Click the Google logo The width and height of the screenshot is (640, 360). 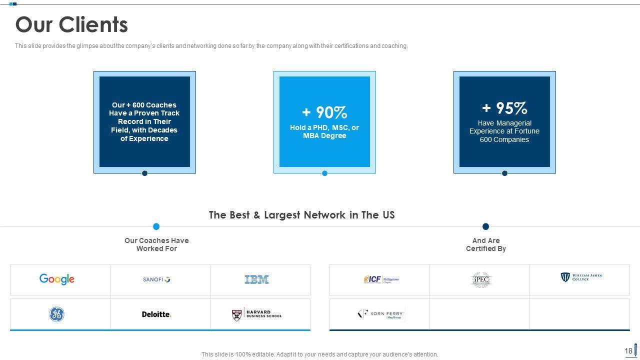pyautogui.click(x=57, y=279)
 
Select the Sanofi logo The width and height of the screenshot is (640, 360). pyautogui.click(x=156, y=279)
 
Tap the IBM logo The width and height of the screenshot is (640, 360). pyautogui.click(x=256, y=279)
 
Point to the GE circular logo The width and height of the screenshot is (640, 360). pyautogui.click(x=56, y=314)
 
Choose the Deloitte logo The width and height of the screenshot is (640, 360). pyautogui.click(x=156, y=314)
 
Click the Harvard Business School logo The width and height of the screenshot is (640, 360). pyautogui.click(x=257, y=314)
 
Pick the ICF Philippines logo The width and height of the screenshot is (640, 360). pyautogui.click(x=381, y=279)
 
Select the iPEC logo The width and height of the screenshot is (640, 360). pyautogui.click(x=481, y=280)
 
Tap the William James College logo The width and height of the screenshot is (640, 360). pyautogui.click(x=581, y=277)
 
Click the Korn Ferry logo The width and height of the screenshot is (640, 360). pyautogui.click(x=381, y=314)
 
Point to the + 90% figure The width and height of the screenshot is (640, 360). pyautogui.click(x=324, y=112)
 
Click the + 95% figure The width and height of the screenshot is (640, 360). pyautogui.click(x=504, y=108)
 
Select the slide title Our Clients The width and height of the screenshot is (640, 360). pyautogui.click(x=71, y=24)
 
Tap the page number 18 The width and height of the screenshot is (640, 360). pyautogui.click(x=628, y=351)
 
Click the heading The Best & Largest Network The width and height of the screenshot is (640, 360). pyautogui.click(x=301, y=215)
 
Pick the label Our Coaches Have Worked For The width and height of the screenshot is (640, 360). pyautogui.click(x=156, y=244)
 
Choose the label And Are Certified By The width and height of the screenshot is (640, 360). pyautogui.click(x=486, y=244)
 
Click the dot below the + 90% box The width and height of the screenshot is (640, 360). pyautogui.click(x=324, y=173)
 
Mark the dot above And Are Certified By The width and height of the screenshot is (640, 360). pyautogui.click(x=485, y=226)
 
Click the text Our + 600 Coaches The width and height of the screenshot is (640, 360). pyautogui.click(x=144, y=105)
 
